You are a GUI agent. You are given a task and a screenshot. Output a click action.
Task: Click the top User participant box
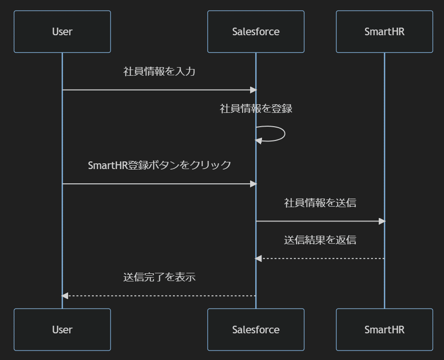pyautogui.click(x=62, y=31)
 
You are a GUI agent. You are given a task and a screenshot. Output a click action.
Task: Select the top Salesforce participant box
pyautogui.click(x=256, y=31)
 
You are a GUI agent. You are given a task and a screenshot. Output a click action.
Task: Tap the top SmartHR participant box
pyautogui.click(x=384, y=31)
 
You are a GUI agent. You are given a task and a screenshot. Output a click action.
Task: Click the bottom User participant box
pyautogui.click(x=62, y=330)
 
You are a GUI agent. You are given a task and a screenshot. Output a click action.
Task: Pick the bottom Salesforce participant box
pyautogui.click(x=256, y=330)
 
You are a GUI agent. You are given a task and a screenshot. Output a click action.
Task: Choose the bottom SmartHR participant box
pyautogui.click(x=384, y=330)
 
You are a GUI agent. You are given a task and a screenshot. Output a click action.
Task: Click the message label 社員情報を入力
pyautogui.click(x=159, y=72)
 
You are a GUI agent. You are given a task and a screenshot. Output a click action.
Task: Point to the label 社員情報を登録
pyautogui.click(x=256, y=109)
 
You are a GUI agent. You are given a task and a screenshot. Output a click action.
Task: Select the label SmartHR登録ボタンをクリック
pyautogui.click(x=159, y=165)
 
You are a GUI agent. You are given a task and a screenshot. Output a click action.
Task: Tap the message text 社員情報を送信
pyautogui.click(x=320, y=203)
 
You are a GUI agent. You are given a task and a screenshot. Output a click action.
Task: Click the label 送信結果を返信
pyautogui.click(x=320, y=240)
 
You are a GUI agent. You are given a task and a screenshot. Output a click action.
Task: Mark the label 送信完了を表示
pyautogui.click(x=159, y=277)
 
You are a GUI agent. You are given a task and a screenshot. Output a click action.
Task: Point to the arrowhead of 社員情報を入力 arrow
pyautogui.click(x=253, y=90)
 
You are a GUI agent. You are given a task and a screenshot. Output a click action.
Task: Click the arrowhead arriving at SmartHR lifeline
pyautogui.click(x=382, y=221)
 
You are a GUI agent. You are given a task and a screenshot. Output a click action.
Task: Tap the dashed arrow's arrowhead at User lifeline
pyautogui.click(x=65, y=296)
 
